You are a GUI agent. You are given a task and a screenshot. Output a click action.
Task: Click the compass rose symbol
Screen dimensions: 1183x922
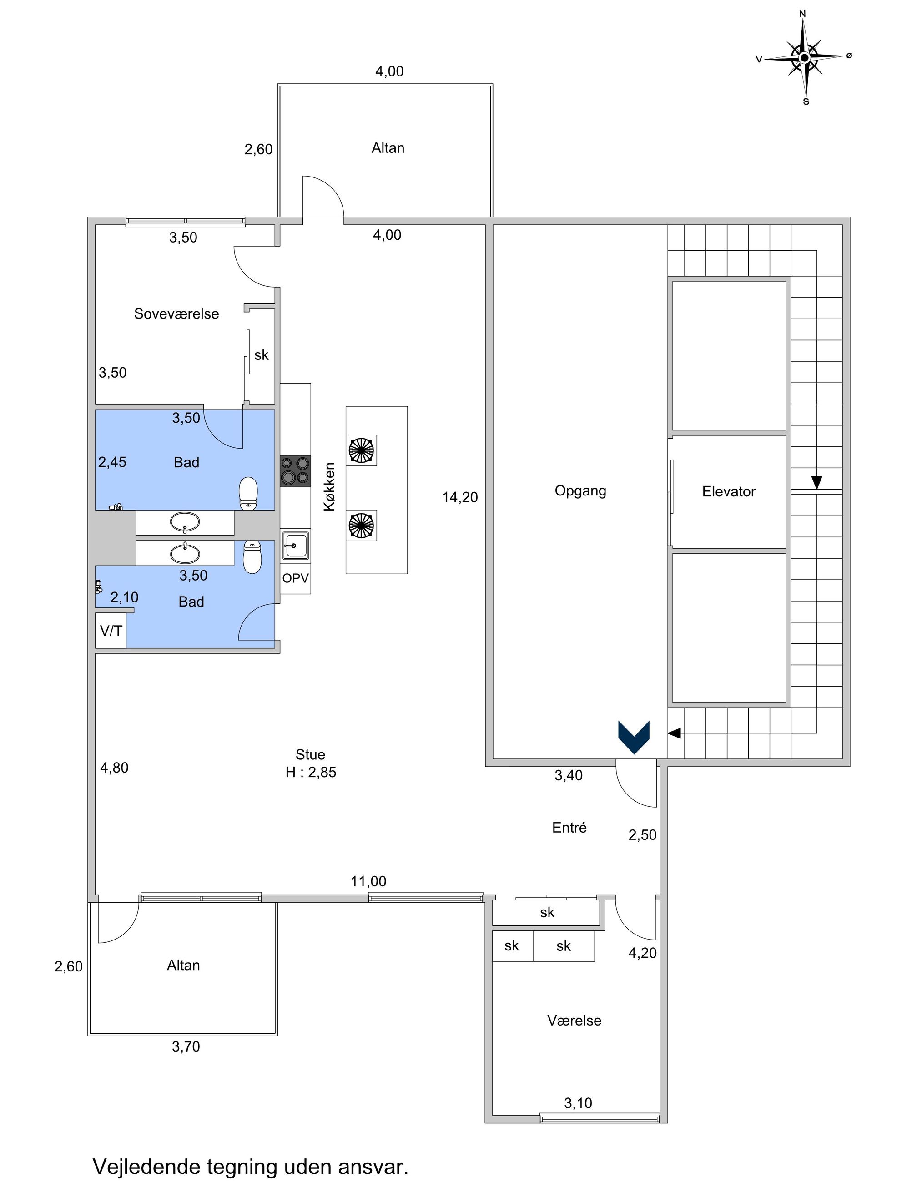pyautogui.click(x=805, y=58)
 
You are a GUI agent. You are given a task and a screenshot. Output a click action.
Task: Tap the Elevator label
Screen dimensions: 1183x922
pyautogui.click(x=728, y=491)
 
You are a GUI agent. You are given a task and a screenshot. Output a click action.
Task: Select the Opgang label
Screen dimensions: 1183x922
pyautogui.click(x=580, y=491)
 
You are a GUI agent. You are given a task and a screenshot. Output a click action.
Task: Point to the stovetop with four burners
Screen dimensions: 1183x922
pyautogui.click(x=295, y=471)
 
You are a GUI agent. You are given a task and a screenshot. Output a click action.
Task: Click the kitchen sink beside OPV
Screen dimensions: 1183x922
pyautogui.click(x=295, y=545)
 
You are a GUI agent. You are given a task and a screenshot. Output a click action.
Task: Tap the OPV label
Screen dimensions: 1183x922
pyautogui.click(x=295, y=578)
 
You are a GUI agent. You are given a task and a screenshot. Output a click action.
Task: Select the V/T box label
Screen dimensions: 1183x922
pyautogui.click(x=111, y=631)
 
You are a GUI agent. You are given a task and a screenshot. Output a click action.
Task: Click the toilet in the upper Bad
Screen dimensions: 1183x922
pyautogui.click(x=248, y=493)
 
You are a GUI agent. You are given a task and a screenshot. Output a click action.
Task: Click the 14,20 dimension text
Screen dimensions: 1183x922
pyautogui.click(x=460, y=497)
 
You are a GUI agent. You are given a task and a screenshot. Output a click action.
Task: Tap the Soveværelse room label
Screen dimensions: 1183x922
pyautogui.click(x=176, y=313)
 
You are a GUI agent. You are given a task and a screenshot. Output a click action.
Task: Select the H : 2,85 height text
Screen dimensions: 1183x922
pyautogui.click(x=311, y=773)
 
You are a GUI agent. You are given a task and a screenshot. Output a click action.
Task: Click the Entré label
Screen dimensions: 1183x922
pyautogui.click(x=569, y=828)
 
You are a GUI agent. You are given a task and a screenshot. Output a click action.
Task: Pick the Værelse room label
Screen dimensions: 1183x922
pyautogui.click(x=574, y=1021)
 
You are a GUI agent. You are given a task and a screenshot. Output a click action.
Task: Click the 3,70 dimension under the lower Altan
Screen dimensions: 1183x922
pyautogui.click(x=186, y=1046)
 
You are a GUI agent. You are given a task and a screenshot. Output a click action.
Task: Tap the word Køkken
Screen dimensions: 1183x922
pyautogui.click(x=330, y=486)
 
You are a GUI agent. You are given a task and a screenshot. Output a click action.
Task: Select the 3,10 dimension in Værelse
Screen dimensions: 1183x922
pyautogui.click(x=578, y=1103)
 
